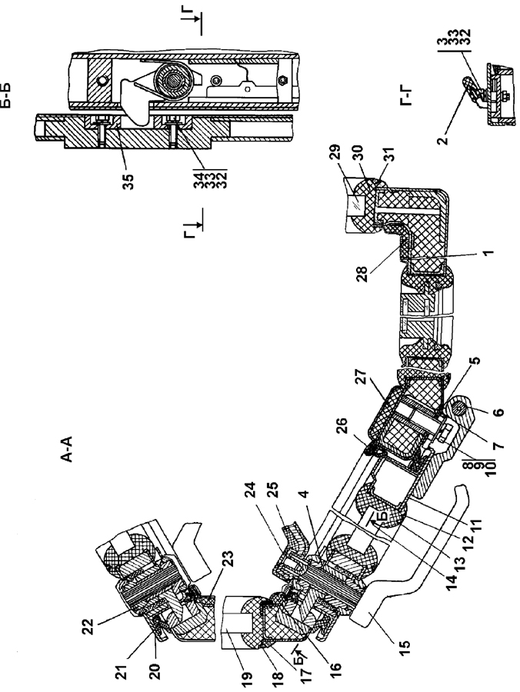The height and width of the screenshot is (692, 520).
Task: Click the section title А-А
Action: coord(66,450)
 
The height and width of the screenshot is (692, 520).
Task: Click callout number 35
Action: coord(128,181)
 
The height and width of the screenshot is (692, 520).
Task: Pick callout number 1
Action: coord(488,253)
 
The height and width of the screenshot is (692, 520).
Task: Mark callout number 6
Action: coord(498,412)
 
